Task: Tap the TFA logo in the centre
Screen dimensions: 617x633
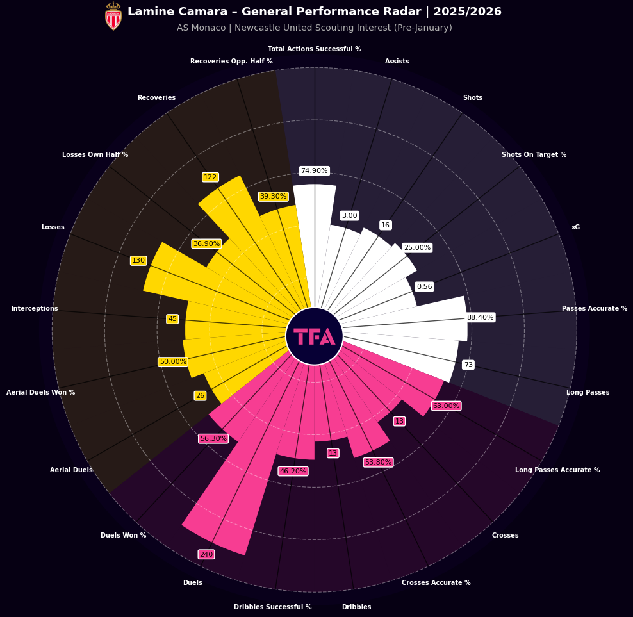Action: tap(314, 336)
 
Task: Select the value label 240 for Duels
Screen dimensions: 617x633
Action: tap(206, 554)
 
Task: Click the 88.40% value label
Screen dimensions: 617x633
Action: tap(480, 317)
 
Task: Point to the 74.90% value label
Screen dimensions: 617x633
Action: tap(314, 171)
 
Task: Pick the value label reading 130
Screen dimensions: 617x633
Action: tap(138, 261)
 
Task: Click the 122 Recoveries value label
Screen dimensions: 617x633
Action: tap(210, 177)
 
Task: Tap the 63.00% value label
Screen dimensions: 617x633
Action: tap(446, 406)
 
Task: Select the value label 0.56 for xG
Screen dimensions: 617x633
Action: tap(424, 286)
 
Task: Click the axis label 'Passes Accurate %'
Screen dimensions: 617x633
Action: tap(594, 309)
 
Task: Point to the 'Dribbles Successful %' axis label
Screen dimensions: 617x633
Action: tap(272, 607)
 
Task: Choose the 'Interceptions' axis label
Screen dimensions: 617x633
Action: tap(35, 309)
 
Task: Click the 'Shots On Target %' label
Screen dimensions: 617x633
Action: tap(534, 155)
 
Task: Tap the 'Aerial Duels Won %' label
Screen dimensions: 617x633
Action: tap(40, 392)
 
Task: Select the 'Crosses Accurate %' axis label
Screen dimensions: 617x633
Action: tap(436, 582)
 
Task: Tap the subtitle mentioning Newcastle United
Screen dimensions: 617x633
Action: tap(314, 28)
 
